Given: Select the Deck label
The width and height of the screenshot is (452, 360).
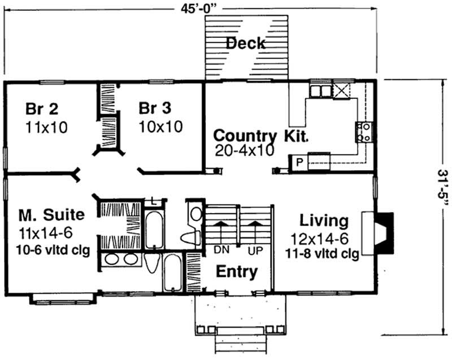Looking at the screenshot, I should (x=246, y=43).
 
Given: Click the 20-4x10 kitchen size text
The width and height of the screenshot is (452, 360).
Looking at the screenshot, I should (x=245, y=150).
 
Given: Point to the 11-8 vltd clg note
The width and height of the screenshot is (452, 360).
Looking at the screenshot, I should (x=323, y=254).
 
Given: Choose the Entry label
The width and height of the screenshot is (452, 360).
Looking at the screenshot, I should (x=237, y=272).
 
